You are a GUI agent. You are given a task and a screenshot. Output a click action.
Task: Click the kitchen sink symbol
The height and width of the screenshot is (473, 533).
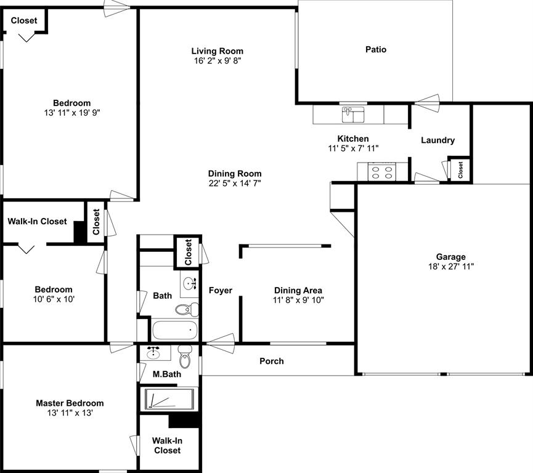pyautogui.click(x=354, y=114)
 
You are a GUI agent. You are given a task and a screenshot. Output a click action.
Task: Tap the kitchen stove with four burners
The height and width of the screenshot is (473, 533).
pyautogui.click(x=381, y=171)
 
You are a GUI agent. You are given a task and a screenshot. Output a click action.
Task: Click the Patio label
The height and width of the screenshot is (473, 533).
pyautogui.click(x=375, y=49)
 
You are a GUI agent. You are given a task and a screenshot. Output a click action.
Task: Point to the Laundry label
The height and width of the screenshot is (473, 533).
pyautogui.click(x=437, y=140)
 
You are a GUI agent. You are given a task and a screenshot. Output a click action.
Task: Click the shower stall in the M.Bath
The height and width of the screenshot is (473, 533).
pyautogui.click(x=169, y=399)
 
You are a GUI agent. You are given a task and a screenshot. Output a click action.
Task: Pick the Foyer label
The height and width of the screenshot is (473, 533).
pyautogui.click(x=221, y=290)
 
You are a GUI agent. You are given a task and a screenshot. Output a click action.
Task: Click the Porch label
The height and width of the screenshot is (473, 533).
pyautogui.click(x=272, y=361)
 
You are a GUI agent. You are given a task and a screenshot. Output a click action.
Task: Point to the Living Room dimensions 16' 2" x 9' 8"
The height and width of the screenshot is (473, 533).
pyautogui.click(x=217, y=61)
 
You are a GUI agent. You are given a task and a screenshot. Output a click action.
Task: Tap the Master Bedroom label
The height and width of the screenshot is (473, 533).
pyautogui.click(x=70, y=403)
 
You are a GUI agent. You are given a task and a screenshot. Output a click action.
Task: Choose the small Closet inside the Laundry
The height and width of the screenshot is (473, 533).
pyautogui.click(x=460, y=170)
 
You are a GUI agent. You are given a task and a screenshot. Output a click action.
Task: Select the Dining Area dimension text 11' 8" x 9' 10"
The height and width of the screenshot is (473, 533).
pyautogui.click(x=298, y=300)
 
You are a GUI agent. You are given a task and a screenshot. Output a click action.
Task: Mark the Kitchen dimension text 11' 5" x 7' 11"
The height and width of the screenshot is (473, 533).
pyautogui.click(x=353, y=148)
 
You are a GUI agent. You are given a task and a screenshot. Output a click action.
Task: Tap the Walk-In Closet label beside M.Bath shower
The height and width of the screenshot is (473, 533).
pyautogui.click(x=168, y=445)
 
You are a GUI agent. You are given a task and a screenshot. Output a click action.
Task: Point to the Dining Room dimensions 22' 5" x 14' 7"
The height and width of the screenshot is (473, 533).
pyautogui.click(x=234, y=184)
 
